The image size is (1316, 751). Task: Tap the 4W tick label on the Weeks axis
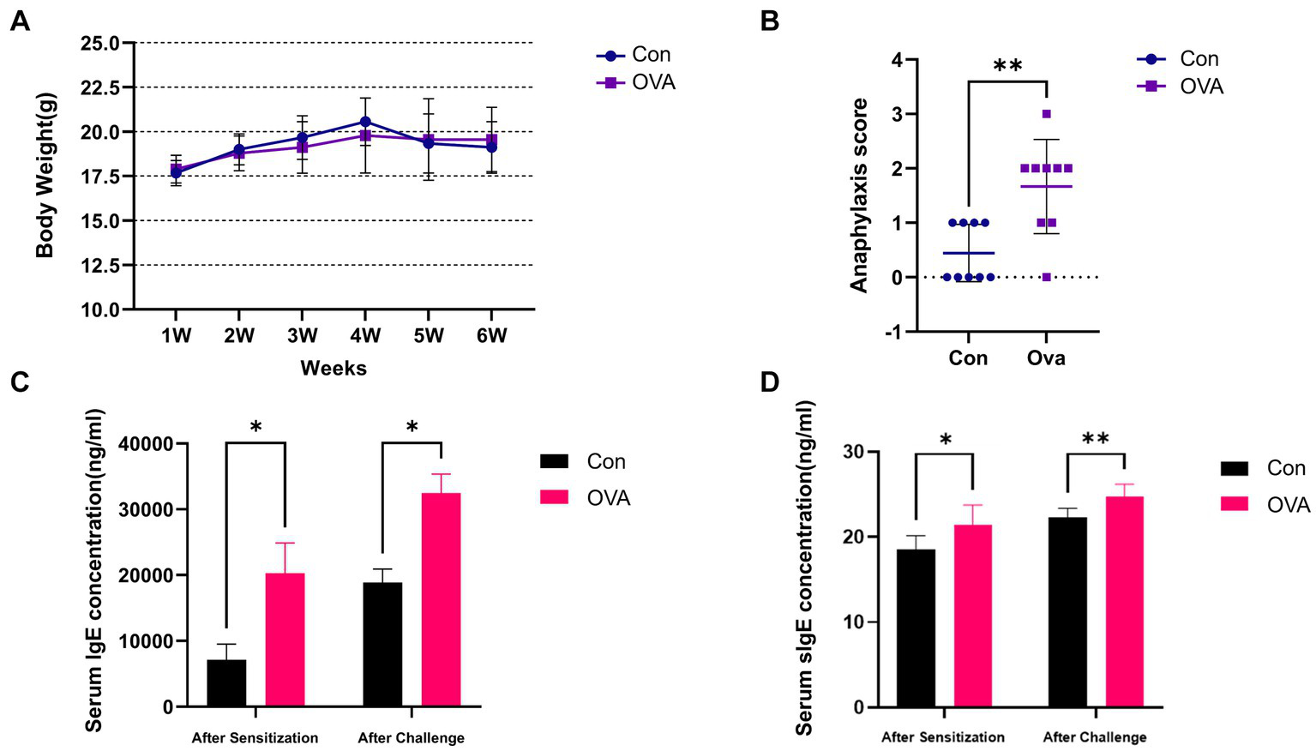365,336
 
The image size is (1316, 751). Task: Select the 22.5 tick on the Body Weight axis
100,87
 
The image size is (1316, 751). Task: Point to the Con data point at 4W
365,122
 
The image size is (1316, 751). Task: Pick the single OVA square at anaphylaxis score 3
1047,114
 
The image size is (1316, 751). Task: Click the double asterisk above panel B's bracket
1007,65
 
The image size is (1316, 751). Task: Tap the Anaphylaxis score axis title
859,195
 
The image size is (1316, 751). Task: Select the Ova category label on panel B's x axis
1046,357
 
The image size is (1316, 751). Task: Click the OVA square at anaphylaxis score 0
1047,277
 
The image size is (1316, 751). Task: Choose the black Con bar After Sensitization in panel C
226,682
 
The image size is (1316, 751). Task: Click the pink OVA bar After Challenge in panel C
441,599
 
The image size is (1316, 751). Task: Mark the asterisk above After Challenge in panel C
412,426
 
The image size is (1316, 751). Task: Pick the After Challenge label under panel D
1094,736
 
